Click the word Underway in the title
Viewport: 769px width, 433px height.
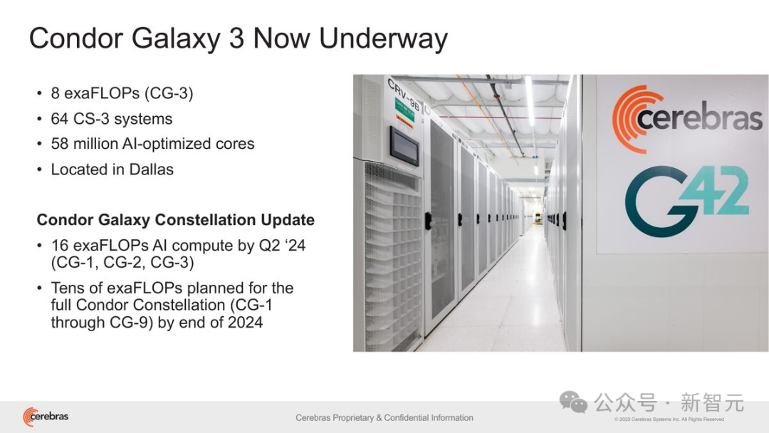pyautogui.click(x=383, y=38)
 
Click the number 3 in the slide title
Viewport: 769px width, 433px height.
pyautogui.click(x=236, y=38)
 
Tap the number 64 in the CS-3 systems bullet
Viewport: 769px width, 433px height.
pyautogui.click(x=59, y=119)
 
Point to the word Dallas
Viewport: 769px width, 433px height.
pyautogui.click(x=151, y=169)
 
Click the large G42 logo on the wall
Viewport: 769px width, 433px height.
pyautogui.click(x=686, y=200)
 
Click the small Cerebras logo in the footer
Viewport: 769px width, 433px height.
pyautogui.click(x=46, y=417)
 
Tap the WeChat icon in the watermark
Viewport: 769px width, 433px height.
pyautogui.click(x=573, y=402)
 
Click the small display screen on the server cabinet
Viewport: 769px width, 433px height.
pyautogui.click(x=404, y=146)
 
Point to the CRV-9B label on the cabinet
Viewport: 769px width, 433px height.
pyautogui.click(x=403, y=94)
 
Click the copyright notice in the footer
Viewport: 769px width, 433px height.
pyautogui.click(x=669, y=419)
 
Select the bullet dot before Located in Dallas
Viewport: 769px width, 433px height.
pyautogui.click(x=39, y=169)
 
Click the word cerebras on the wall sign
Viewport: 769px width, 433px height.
pyautogui.click(x=700, y=118)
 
